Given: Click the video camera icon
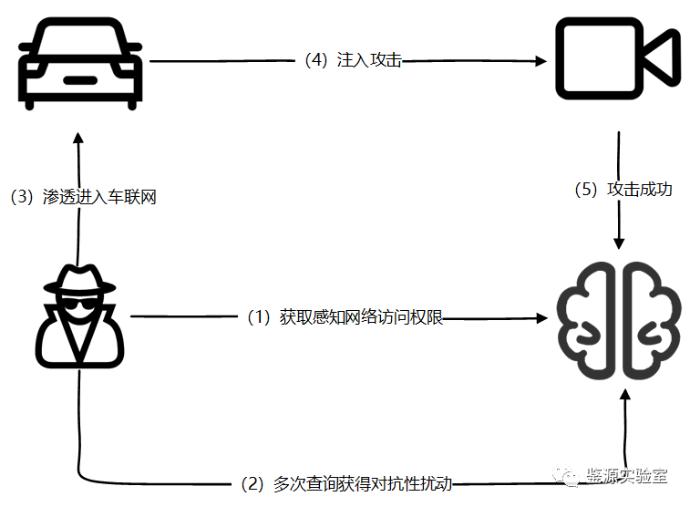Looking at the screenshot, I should coord(617,60).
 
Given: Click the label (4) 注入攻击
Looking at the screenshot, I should coord(353,61).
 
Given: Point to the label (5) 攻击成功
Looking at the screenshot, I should coord(623,190).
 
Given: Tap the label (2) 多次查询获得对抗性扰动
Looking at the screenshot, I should coord(345,483).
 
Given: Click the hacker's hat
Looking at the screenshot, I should coord(80,279).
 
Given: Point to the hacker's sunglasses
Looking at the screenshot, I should coord(80,305).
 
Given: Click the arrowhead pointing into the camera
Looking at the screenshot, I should coord(541,61).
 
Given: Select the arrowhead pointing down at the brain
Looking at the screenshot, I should coord(620,243).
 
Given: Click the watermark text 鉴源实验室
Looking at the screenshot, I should coord(627,477).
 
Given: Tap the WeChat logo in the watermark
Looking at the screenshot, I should coord(567,477).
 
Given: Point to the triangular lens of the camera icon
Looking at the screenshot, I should coord(664,60).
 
